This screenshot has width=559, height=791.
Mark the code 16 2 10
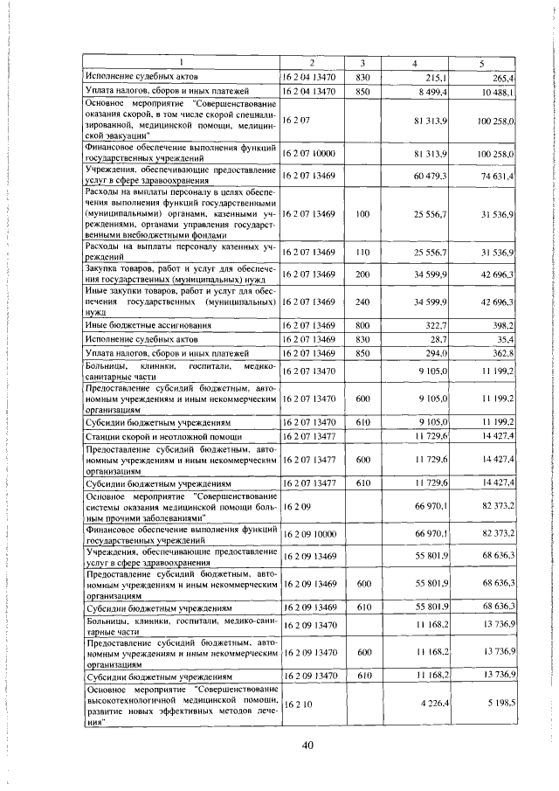(293, 702)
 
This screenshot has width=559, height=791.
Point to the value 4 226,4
(431, 702)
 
